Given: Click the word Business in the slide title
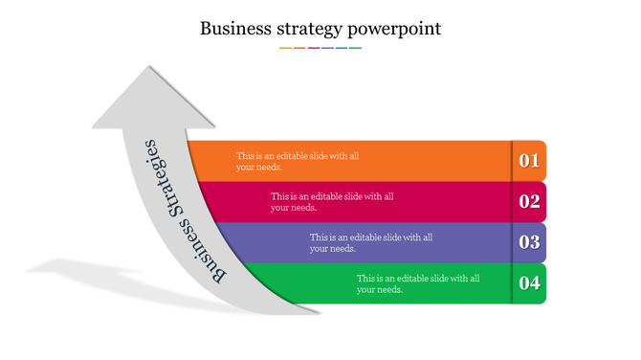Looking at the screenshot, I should (232, 28).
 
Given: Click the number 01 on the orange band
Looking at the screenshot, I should (529, 161).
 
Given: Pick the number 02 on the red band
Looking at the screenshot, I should (529, 201).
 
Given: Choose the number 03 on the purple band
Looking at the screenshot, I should (529, 242).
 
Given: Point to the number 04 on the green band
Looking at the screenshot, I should (529, 282).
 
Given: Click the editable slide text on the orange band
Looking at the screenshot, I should (298, 161).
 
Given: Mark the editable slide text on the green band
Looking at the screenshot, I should (418, 282).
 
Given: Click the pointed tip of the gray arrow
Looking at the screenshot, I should (148, 67).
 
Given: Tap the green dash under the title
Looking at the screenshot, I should (356, 47).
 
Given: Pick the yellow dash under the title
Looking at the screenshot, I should (285, 47).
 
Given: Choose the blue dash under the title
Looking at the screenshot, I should (342, 47).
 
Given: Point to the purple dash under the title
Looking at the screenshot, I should (327, 47).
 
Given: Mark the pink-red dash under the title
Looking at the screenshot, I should (313, 47).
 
